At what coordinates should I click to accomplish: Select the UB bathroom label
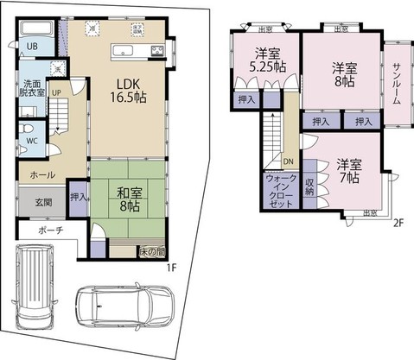point(31,47)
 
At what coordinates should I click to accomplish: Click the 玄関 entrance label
point(29,203)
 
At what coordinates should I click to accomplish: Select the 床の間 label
point(151,252)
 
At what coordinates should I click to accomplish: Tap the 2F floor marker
point(398,223)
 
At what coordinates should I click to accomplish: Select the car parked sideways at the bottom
point(121,306)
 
